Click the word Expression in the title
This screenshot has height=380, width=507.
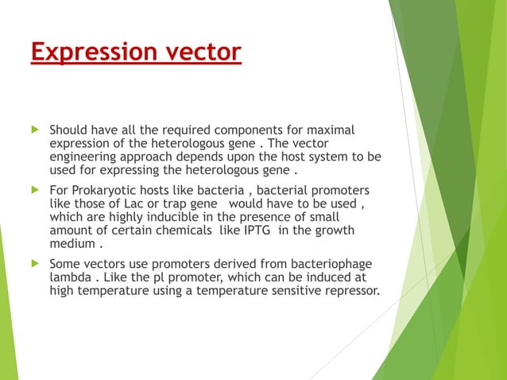(x=90, y=52)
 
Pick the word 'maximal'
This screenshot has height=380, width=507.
(x=335, y=129)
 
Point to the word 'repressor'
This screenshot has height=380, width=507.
(x=347, y=290)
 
